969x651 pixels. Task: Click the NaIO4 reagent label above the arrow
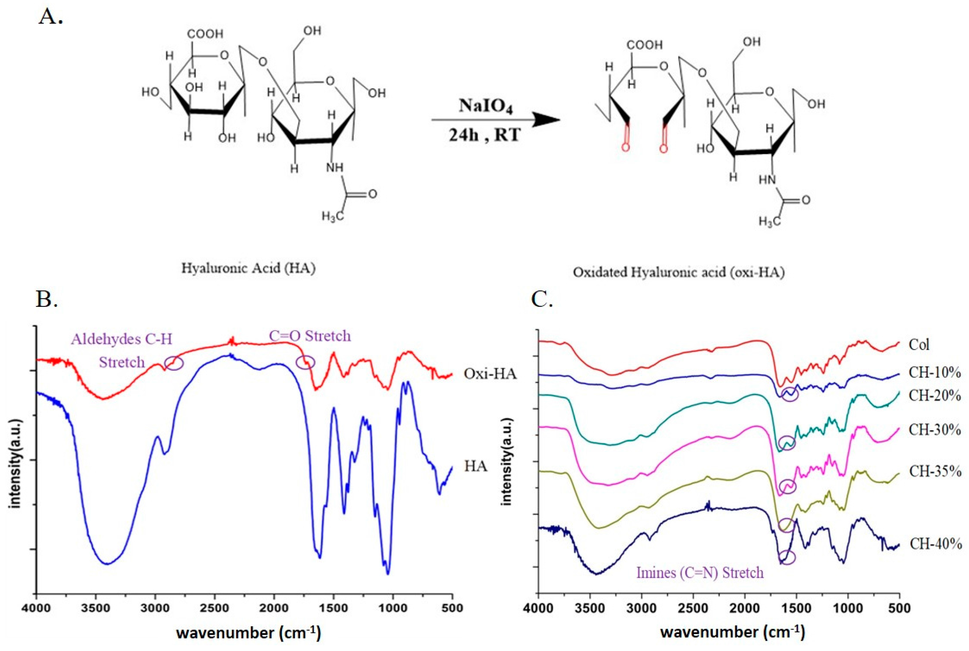(x=485, y=106)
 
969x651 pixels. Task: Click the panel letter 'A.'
(x=50, y=17)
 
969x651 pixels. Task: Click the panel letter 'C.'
(x=542, y=299)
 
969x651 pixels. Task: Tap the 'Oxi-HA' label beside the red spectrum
(x=490, y=374)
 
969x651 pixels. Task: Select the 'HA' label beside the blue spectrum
(x=476, y=466)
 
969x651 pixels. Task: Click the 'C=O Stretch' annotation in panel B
(x=310, y=335)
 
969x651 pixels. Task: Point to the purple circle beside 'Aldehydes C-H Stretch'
(x=174, y=363)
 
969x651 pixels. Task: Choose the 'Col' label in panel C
(x=919, y=345)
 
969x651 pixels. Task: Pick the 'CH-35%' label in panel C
(x=935, y=472)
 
